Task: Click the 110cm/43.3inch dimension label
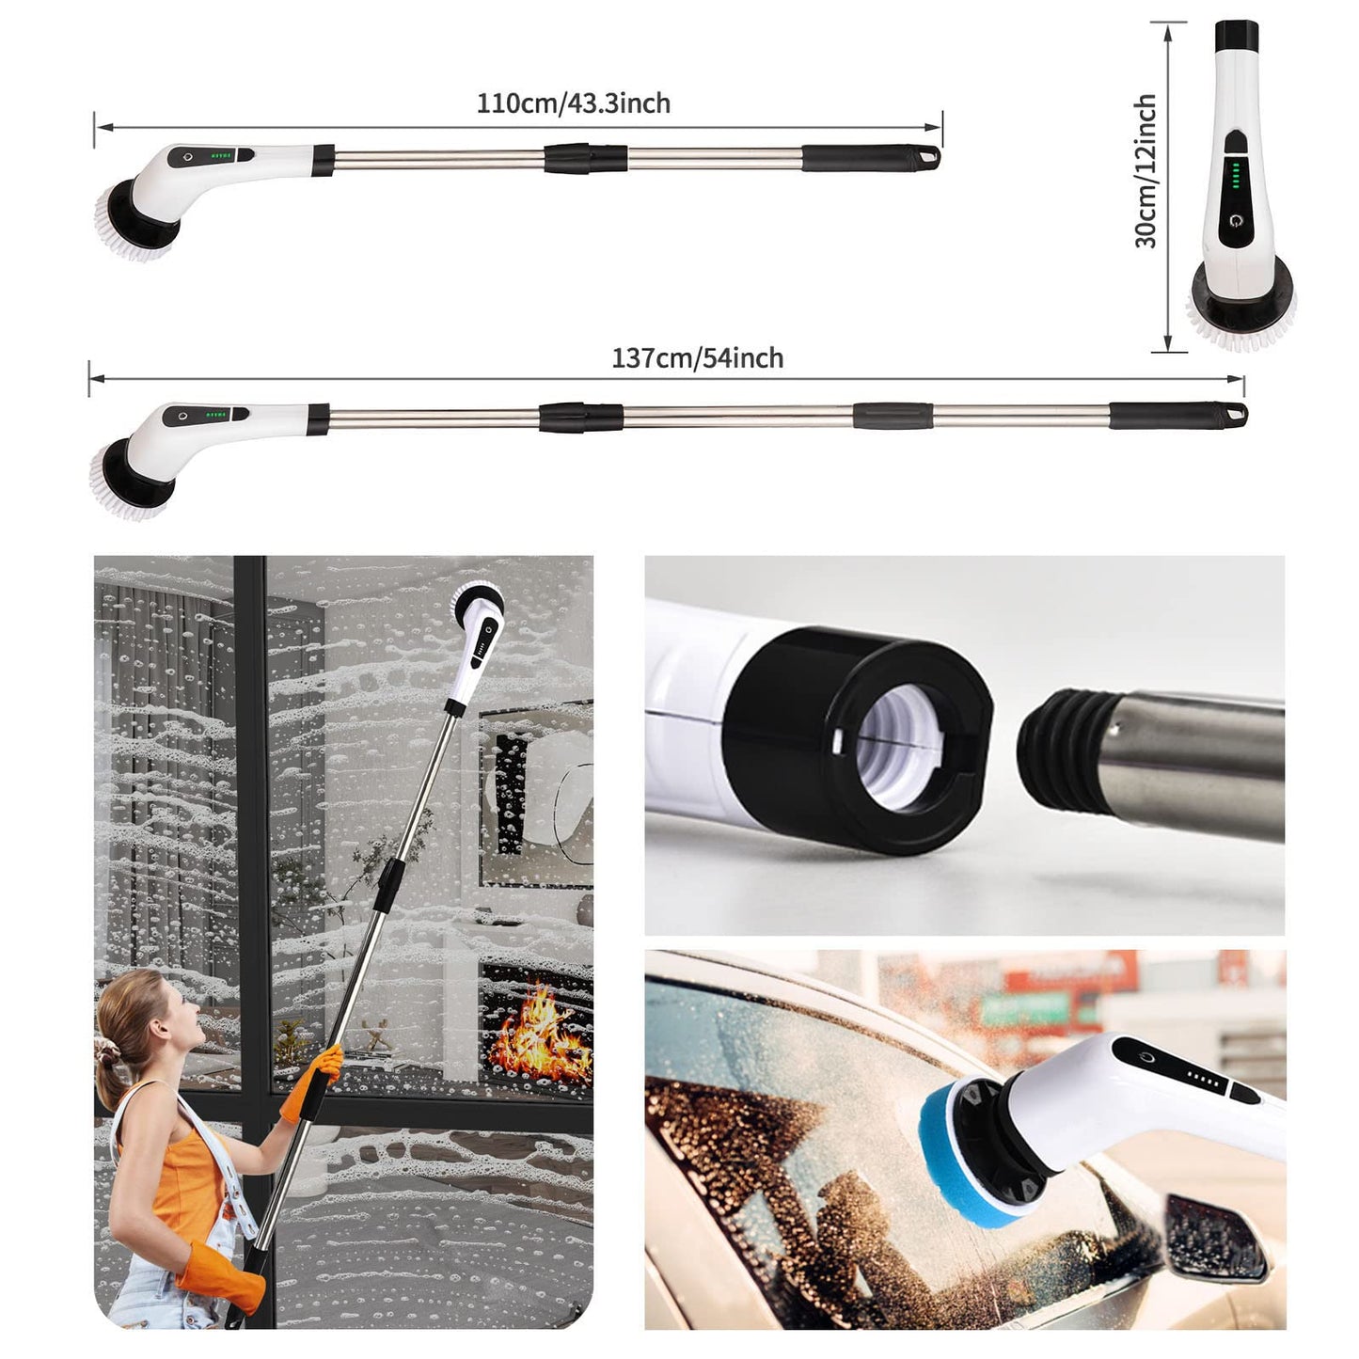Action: [574, 103]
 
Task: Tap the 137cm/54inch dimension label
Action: [698, 358]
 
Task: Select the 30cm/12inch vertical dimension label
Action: [1146, 171]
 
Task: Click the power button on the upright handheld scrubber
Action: [1233, 221]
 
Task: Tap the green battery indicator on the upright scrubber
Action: [1235, 176]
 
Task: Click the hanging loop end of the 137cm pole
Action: [1235, 413]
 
